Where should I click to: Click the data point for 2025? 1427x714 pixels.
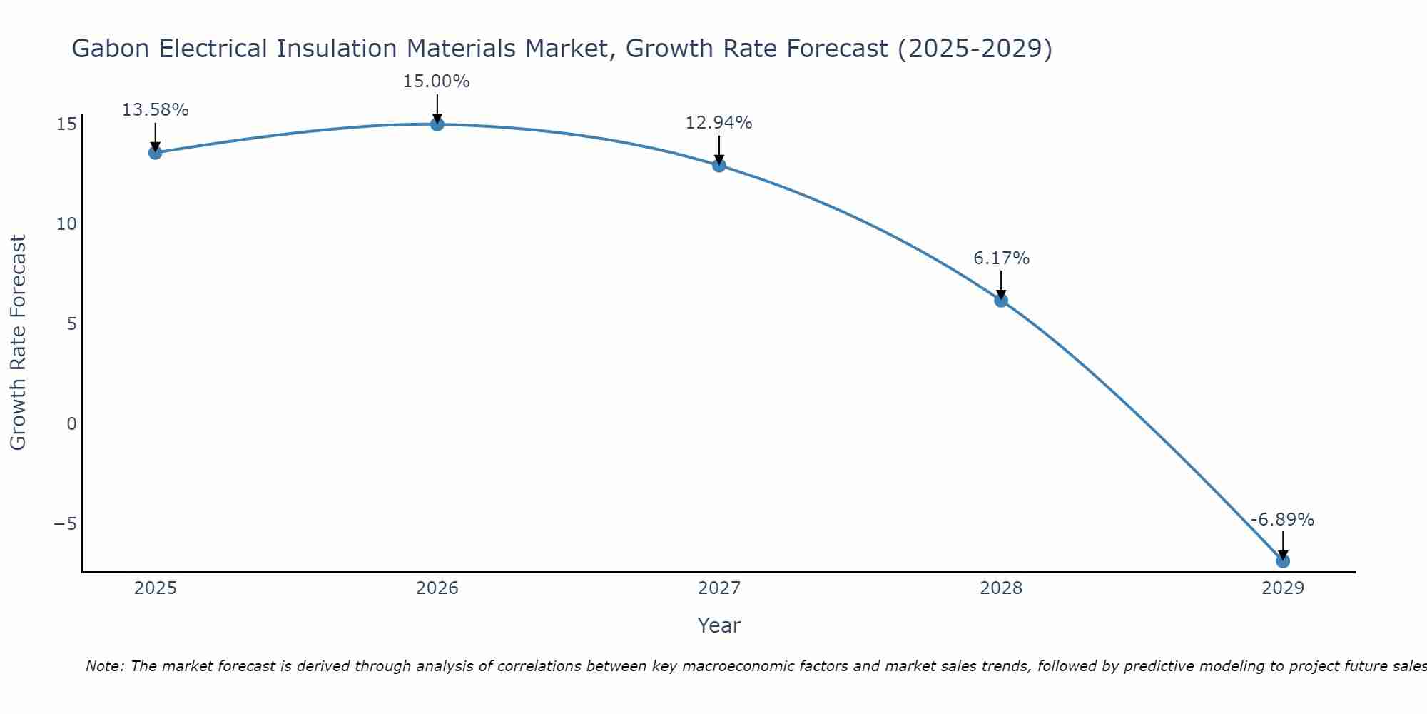(x=156, y=152)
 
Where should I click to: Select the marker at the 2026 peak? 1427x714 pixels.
(x=437, y=124)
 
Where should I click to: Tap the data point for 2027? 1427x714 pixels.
(x=719, y=165)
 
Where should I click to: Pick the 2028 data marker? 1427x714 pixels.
(x=1001, y=301)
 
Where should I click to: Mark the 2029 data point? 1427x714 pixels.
(x=1283, y=561)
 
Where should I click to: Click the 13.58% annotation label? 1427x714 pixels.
(x=156, y=110)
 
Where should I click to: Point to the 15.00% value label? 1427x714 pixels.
(x=437, y=81)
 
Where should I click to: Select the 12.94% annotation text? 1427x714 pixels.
(x=719, y=123)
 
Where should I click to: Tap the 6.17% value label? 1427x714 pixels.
(x=1001, y=258)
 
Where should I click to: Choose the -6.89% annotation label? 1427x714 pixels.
(x=1282, y=520)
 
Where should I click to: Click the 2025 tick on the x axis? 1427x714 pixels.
(x=156, y=588)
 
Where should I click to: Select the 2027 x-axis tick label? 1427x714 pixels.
(x=719, y=588)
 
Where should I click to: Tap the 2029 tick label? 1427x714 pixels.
(x=1283, y=588)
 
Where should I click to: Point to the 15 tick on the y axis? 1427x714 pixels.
(x=66, y=124)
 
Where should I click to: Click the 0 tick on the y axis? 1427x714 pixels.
(x=71, y=424)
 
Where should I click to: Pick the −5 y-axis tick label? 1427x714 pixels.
(x=65, y=524)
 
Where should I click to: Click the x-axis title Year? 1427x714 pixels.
(x=719, y=625)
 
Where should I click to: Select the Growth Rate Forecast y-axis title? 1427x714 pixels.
(x=19, y=343)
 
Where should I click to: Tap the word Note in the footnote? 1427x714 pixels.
(x=105, y=666)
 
